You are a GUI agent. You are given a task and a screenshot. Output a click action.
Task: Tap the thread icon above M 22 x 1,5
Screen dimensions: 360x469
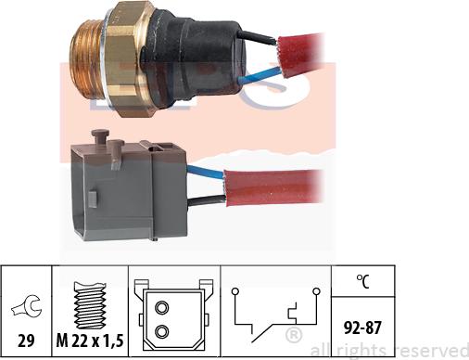click(x=92, y=296)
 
